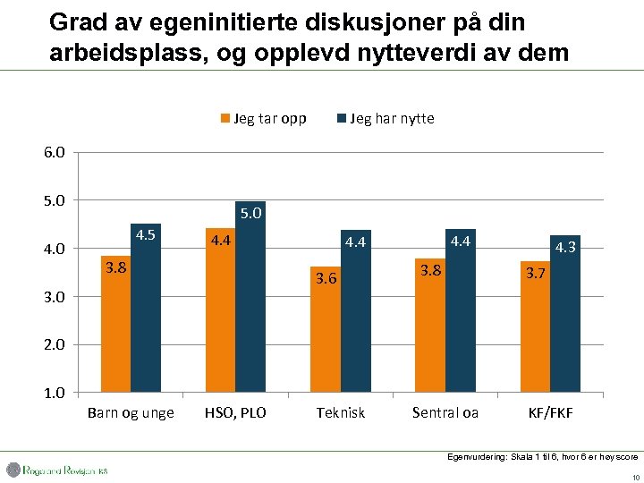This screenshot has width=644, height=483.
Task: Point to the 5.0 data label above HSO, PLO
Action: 251,213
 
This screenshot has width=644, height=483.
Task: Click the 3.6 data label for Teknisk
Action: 326,278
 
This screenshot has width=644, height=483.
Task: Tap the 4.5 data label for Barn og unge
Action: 147,235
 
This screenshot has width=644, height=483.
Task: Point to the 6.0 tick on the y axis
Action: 54,152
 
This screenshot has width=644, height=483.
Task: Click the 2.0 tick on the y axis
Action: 54,344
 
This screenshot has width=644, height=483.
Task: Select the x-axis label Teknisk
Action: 340,413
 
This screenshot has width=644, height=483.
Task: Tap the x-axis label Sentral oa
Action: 445,413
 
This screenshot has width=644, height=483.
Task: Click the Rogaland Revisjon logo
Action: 58,470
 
